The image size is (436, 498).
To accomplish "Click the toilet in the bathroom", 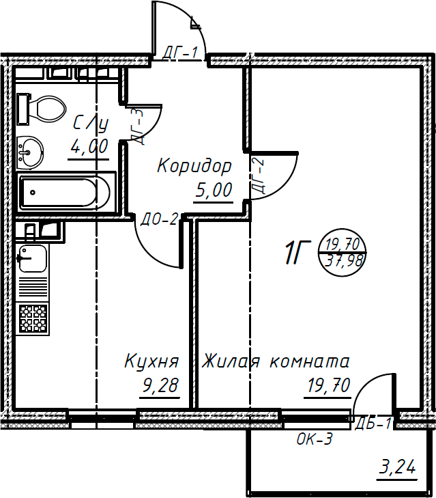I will coord(45,108).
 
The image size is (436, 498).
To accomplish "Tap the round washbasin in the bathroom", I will coord(30,150).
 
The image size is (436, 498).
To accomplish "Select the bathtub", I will coord(66,192).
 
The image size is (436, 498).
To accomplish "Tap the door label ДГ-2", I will coord(257,176).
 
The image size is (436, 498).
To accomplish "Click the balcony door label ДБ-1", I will coord(373,424).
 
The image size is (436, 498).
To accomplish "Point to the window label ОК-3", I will coord(315,440).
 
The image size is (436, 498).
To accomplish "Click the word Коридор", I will coord(194,165).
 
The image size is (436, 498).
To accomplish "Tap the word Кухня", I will coord(151,361).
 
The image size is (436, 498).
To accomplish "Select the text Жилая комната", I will coord(276,361).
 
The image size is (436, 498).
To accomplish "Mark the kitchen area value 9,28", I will coord(160,386).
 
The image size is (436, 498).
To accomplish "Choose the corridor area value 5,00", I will coord(214,190).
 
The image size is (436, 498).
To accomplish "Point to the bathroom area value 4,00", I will coord(89,146).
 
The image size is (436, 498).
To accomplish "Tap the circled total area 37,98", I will coord(345,260).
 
